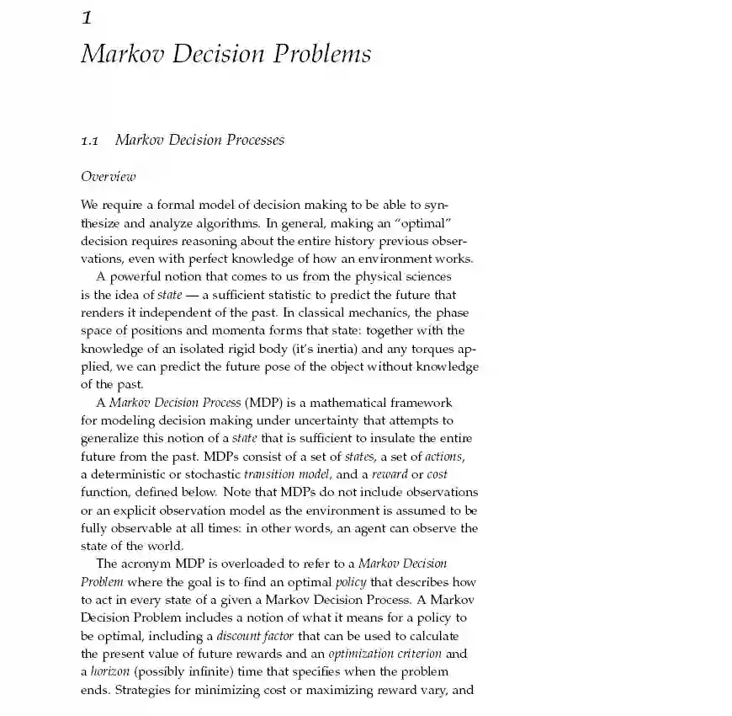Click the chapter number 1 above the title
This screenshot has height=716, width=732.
click(x=87, y=17)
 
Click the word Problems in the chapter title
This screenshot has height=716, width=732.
click(x=320, y=54)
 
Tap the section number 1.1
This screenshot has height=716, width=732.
click(x=89, y=141)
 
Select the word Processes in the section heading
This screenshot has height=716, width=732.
click(x=252, y=140)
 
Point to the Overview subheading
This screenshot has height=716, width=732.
click(x=108, y=176)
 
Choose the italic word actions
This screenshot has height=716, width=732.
click(x=443, y=456)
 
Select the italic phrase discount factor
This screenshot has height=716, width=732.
click(x=257, y=635)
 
